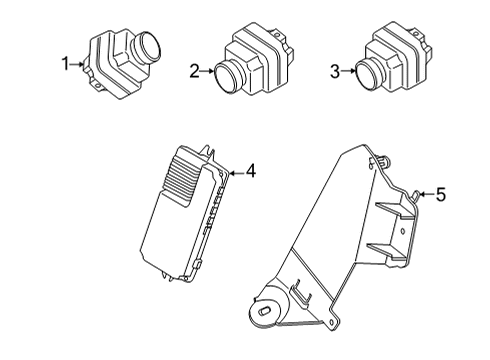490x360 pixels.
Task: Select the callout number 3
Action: (x=337, y=71)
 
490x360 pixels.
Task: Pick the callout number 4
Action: (x=250, y=172)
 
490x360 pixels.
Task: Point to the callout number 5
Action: (x=441, y=195)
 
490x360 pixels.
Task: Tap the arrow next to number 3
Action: (x=350, y=71)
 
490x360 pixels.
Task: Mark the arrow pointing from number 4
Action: (x=236, y=173)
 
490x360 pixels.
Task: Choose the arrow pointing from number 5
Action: (x=426, y=194)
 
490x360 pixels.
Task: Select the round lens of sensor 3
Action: (x=370, y=73)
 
